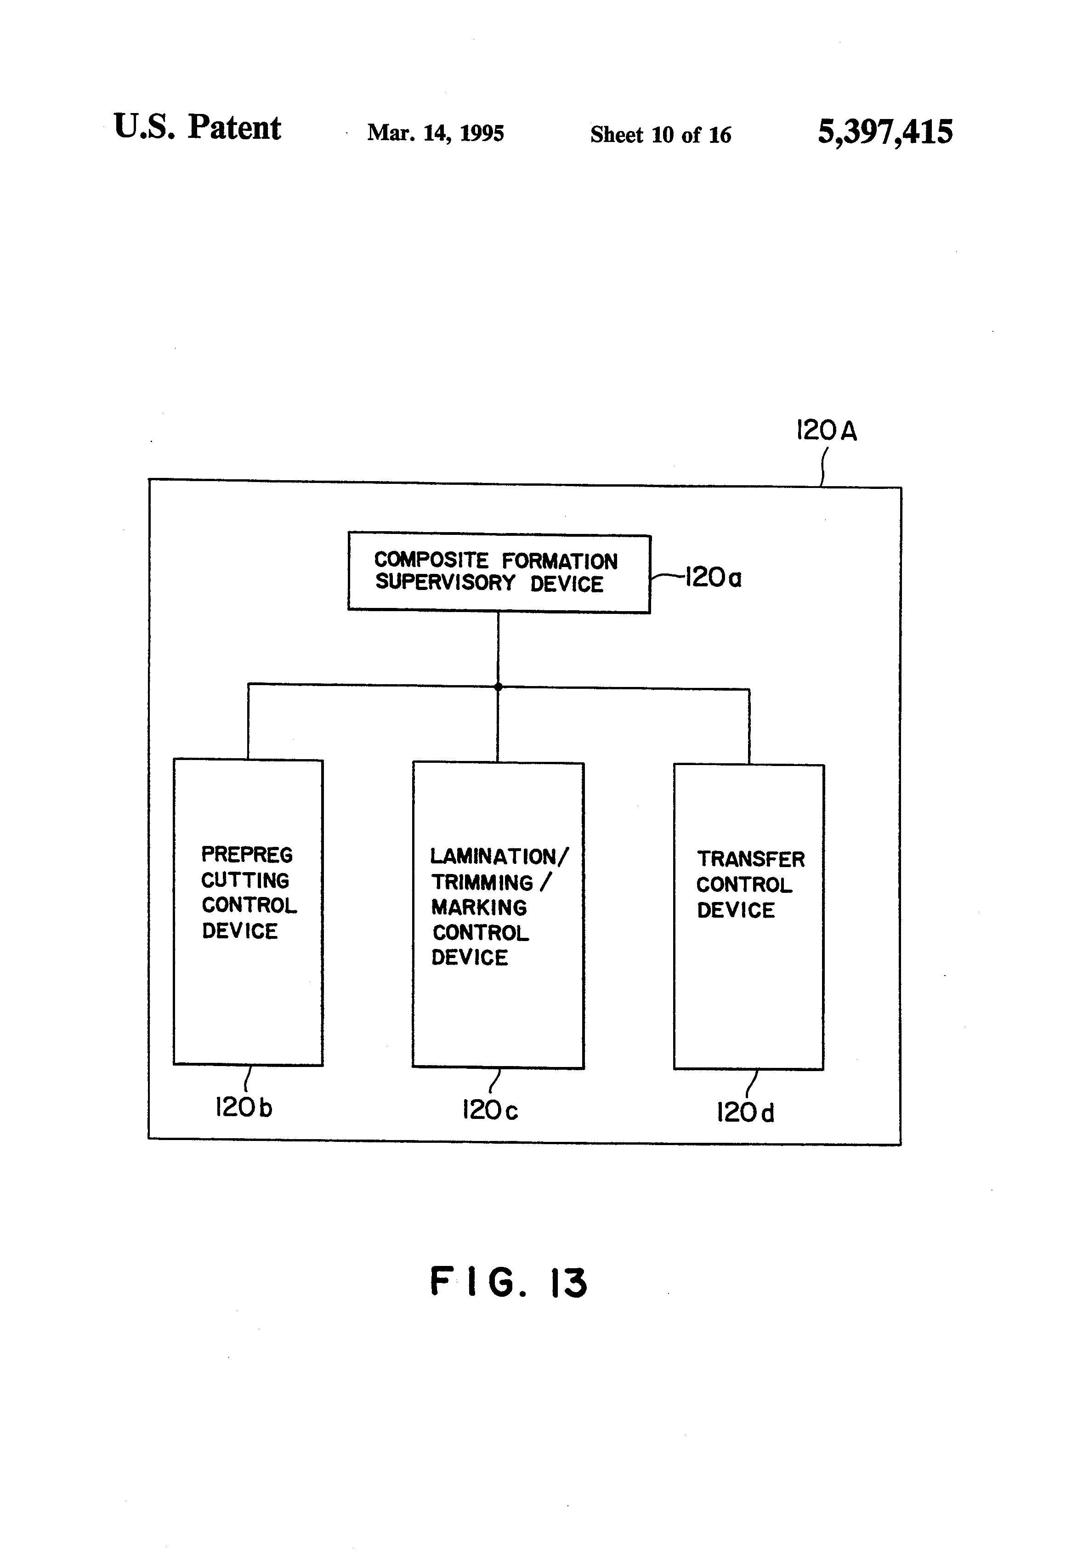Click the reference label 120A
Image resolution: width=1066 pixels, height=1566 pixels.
tap(826, 430)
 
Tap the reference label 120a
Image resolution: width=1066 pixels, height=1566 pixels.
tap(713, 578)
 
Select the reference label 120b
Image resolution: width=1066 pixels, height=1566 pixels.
tap(243, 1107)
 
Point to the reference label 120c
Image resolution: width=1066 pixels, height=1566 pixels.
tap(490, 1110)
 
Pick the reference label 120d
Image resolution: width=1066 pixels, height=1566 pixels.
tap(745, 1112)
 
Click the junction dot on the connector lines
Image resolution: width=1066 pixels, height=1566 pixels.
tap(498, 687)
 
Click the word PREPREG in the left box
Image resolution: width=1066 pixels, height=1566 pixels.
tap(247, 854)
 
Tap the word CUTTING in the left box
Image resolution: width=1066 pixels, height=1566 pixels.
tap(245, 880)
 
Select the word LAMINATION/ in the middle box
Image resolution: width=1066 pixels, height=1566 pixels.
tap(499, 857)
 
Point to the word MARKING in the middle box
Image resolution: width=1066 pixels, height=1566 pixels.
tap(479, 907)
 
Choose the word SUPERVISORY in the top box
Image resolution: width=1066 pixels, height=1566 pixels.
tap(445, 582)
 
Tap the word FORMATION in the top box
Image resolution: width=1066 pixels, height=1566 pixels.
tap(559, 561)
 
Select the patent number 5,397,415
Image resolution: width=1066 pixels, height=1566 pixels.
tap(885, 132)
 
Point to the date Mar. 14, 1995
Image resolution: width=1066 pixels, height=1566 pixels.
tap(435, 133)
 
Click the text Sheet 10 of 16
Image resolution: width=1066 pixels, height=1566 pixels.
tap(660, 134)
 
